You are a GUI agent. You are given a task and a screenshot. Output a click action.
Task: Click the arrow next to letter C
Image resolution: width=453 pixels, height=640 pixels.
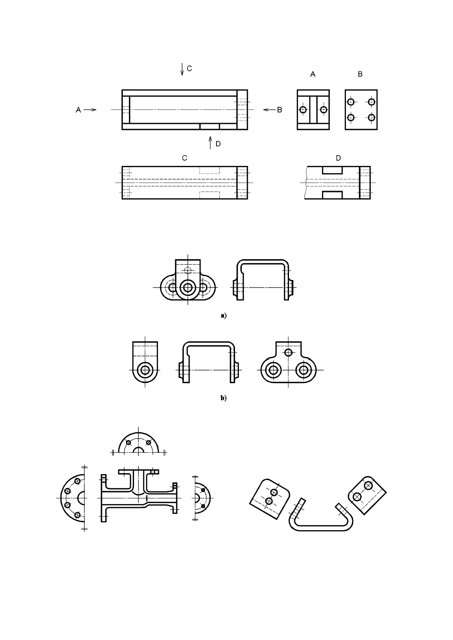[x=182, y=69]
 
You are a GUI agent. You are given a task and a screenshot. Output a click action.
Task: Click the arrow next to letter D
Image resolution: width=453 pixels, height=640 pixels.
[x=210, y=142]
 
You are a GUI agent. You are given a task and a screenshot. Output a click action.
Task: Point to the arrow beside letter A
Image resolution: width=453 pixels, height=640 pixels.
[x=90, y=110]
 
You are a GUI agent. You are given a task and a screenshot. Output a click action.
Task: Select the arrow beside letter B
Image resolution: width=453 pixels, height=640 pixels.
[x=269, y=110]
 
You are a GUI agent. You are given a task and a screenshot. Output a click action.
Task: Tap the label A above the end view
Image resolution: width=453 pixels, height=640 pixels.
[x=313, y=74]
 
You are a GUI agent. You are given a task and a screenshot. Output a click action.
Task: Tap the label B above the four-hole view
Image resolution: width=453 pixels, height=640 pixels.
[x=360, y=74]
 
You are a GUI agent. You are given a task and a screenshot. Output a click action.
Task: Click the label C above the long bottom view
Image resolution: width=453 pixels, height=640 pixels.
[x=185, y=158]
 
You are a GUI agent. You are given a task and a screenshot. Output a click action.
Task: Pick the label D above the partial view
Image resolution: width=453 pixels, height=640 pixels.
[x=338, y=158]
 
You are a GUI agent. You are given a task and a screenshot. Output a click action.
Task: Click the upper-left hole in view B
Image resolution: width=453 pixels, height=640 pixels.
[x=351, y=102]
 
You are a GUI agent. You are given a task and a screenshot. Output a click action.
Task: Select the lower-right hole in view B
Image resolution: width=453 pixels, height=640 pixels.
[x=371, y=117]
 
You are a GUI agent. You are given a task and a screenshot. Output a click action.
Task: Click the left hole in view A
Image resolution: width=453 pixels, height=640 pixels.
[x=303, y=110]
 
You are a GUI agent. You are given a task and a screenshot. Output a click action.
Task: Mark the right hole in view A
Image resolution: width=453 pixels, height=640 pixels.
[x=323, y=110]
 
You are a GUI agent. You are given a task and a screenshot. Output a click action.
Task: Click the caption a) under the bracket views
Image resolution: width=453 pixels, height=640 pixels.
[x=223, y=316]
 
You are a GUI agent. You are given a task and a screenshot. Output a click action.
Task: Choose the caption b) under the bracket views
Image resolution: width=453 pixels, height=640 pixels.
[x=223, y=398]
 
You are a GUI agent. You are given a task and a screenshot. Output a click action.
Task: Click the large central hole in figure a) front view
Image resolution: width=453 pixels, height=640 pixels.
[x=187, y=287]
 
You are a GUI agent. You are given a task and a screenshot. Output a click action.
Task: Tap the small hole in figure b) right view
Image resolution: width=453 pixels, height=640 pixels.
[x=289, y=352]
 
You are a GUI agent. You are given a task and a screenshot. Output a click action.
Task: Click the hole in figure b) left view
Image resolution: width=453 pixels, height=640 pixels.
[x=145, y=369]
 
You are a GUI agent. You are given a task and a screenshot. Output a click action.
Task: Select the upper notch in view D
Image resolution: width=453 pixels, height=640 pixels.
[x=332, y=170]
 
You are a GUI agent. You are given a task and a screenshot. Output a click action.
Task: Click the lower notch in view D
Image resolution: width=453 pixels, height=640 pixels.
[x=332, y=195]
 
